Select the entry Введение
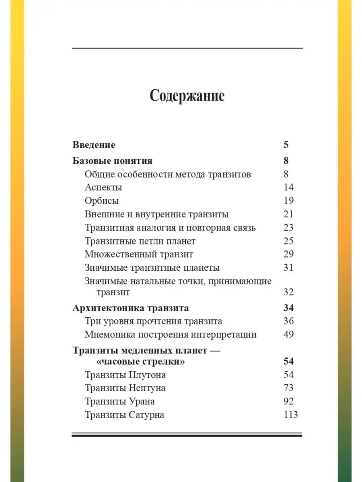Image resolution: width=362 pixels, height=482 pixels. click(x=94, y=145)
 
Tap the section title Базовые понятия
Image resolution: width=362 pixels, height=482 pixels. click(x=113, y=161)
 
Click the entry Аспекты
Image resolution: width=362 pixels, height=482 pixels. click(x=103, y=187)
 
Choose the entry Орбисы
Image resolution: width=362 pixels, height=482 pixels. click(x=102, y=201)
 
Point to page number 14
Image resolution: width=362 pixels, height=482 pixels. click(x=288, y=187)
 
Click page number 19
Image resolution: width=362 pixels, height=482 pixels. click(x=288, y=201)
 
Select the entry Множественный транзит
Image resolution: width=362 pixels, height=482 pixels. click(x=139, y=254)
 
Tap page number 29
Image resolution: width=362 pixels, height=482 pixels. click(x=288, y=254)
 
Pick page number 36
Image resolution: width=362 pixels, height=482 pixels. click(x=288, y=321)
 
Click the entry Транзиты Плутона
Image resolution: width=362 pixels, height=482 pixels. click(x=125, y=375)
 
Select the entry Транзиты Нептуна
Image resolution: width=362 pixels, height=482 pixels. click(x=125, y=388)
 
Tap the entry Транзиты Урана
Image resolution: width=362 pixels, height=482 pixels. click(x=120, y=401)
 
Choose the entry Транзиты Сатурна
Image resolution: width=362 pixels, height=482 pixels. click(x=124, y=415)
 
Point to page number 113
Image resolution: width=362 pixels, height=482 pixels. click(x=290, y=415)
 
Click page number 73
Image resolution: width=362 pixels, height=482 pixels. click(x=288, y=388)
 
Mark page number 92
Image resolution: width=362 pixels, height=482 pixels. click(x=288, y=401)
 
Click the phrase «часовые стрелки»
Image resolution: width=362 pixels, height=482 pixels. click(x=141, y=361)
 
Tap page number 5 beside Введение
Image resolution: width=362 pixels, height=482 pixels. click(x=286, y=145)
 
